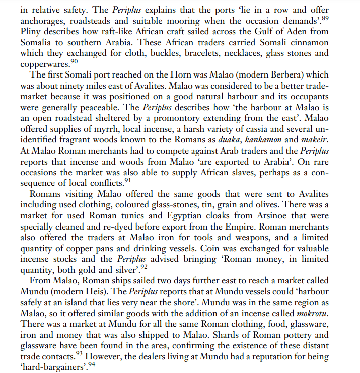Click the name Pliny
point(30,31)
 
